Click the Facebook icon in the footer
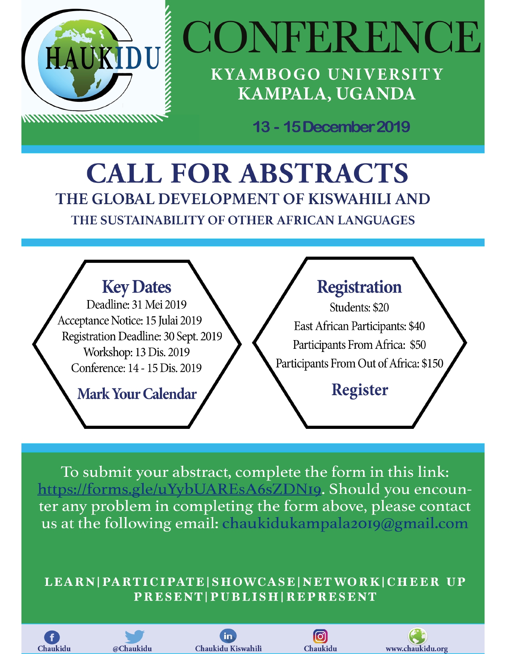click(x=52, y=637)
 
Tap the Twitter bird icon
click(x=134, y=637)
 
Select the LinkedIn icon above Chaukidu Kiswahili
click(x=228, y=636)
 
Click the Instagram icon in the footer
click(x=320, y=636)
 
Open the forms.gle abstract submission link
click(x=179, y=489)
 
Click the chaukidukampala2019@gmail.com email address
click(x=345, y=524)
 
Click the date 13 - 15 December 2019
click(x=331, y=127)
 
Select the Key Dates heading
click(x=137, y=287)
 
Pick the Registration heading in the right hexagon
click(x=359, y=287)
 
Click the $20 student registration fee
click(x=381, y=308)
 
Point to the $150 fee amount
click(x=433, y=363)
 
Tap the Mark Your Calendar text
click(x=137, y=394)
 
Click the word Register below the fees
click(x=360, y=390)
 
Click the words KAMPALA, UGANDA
click(x=327, y=94)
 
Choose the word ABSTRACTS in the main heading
click(x=324, y=174)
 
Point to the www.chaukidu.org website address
click(x=417, y=649)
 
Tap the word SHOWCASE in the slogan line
click(x=254, y=582)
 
